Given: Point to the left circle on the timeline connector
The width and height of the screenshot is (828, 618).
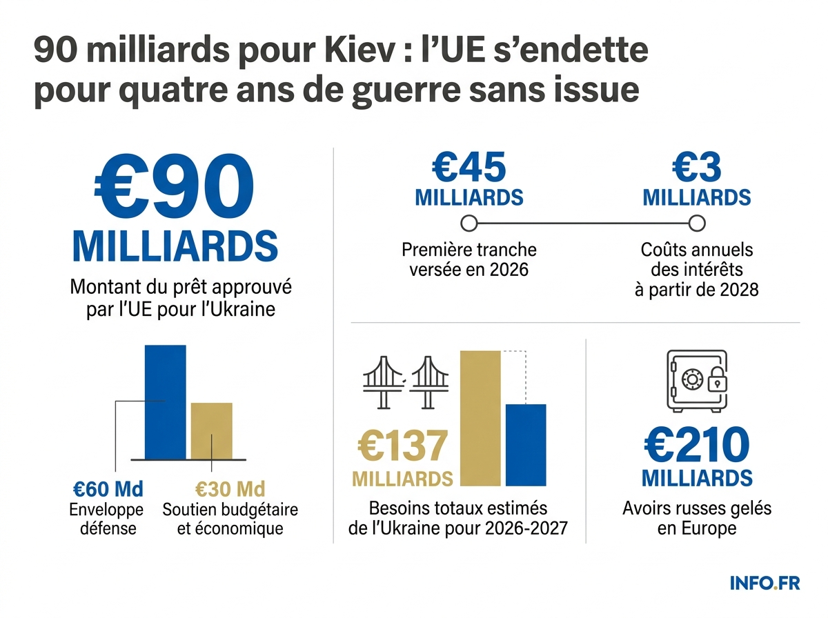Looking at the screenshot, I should (x=469, y=223).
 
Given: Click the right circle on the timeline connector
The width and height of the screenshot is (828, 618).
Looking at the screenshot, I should (x=697, y=223).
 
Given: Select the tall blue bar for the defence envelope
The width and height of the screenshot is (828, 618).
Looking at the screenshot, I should (x=165, y=401).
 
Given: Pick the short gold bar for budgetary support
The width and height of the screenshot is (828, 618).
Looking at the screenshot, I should (x=211, y=430).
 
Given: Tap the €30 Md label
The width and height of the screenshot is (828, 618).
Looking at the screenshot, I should (x=230, y=489).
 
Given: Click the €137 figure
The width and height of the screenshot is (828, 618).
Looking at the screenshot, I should (x=403, y=446).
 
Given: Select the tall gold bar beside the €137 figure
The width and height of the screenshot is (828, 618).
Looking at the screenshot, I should (x=480, y=418).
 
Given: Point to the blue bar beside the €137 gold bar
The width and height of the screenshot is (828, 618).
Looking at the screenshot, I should (x=526, y=445).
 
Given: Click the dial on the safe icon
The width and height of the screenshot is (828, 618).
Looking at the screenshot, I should (x=691, y=378).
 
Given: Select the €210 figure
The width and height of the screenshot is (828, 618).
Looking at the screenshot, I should (x=696, y=445).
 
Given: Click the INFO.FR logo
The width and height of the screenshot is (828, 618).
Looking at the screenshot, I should (x=765, y=583).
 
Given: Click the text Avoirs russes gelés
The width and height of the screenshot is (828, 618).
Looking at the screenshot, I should (x=696, y=509).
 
